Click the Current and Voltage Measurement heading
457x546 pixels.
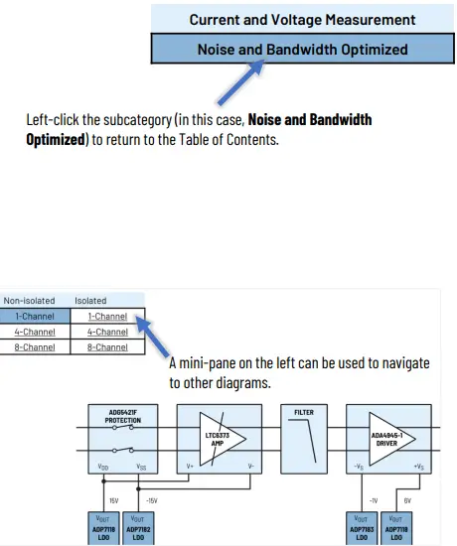tap(302, 19)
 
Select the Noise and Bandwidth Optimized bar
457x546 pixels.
tap(302, 49)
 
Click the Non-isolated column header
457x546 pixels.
tap(29, 300)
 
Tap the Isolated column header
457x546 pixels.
tap(90, 300)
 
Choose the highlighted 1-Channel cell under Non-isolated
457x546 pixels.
tap(35, 316)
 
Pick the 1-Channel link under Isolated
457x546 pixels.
tap(107, 316)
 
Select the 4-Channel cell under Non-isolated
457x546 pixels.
tap(35, 332)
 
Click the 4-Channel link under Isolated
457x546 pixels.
tap(107, 332)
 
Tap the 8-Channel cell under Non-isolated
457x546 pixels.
tap(35, 347)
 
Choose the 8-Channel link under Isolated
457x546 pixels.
tap(107, 347)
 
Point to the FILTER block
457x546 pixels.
tap(303, 437)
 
